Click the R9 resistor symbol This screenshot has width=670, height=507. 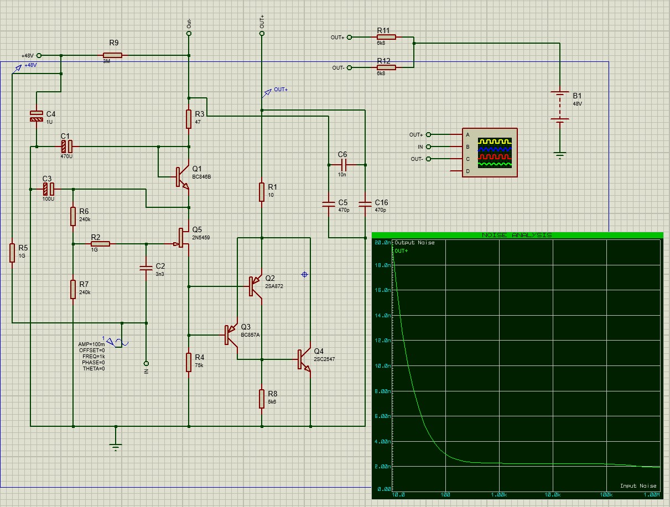point(112,55)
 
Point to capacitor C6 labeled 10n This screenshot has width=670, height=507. point(343,165)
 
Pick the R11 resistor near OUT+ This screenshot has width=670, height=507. point(386,37)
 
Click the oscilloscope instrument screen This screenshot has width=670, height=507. point(495,152)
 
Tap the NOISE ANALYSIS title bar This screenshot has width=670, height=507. point(517,235)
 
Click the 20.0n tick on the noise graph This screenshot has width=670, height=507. point(381,243)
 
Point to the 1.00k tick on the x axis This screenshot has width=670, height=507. point(500,494)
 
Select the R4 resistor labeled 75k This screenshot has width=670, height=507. point(189,363)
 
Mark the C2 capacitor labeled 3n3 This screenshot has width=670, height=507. point(146,269)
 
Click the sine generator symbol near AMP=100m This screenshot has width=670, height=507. point(118,342)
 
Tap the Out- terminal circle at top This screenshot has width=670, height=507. point(189,34)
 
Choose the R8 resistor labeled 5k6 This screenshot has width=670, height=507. point(262,399)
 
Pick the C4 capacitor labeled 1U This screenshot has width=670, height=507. point(36,116)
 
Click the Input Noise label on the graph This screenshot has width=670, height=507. point(638,486)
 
